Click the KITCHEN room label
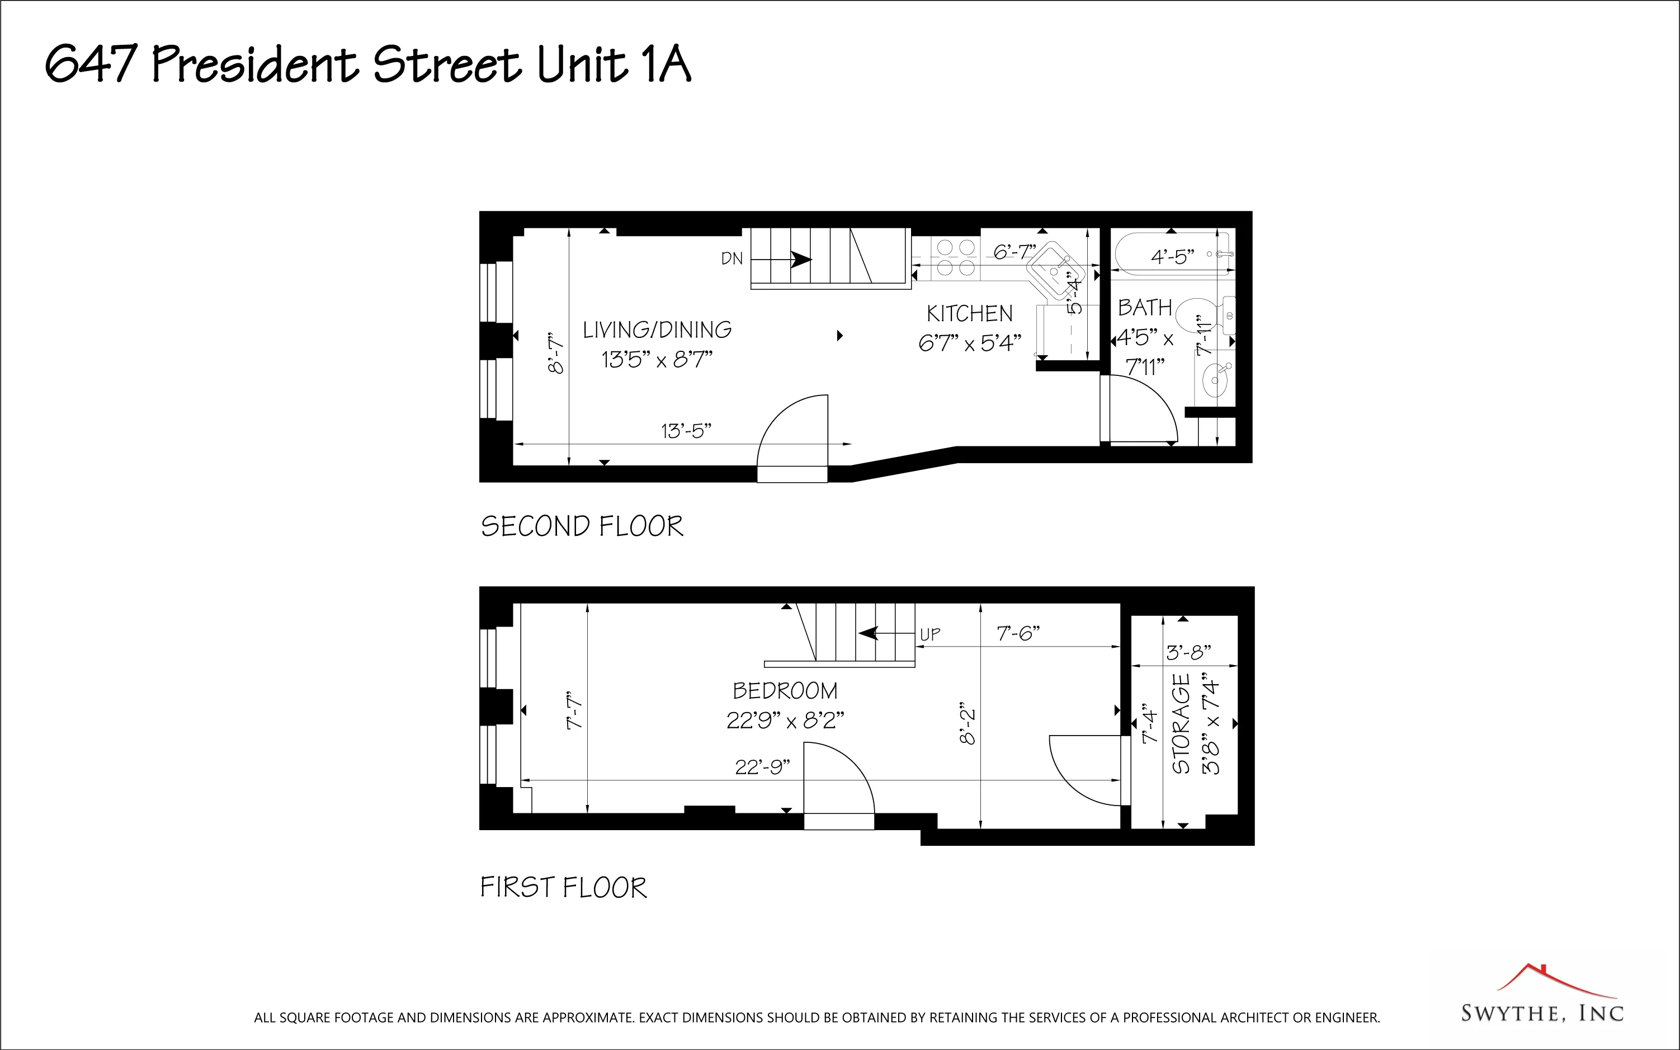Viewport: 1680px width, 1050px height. (x=969, y=314)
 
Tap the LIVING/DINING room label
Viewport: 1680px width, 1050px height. (x=657, y=330)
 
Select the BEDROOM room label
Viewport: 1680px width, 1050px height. (x=785, y=691)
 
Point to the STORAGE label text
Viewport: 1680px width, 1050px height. (x=1181, y=724)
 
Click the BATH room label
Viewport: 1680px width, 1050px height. (x=1144, y=308)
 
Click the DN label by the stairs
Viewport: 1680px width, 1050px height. (x=732, y=259)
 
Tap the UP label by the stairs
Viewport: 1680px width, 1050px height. (x=929, y=634)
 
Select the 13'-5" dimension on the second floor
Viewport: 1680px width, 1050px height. (x=686, y=431)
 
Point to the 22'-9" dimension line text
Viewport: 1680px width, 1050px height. (x=762, y=768)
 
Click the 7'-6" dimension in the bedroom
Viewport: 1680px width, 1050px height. (x=1018, y=633)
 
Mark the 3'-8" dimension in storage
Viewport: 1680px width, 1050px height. (x=1188, y=652)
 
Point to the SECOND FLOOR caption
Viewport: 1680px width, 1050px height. (x=582, y=526)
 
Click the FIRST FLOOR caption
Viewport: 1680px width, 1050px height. (x=563, y=888)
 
